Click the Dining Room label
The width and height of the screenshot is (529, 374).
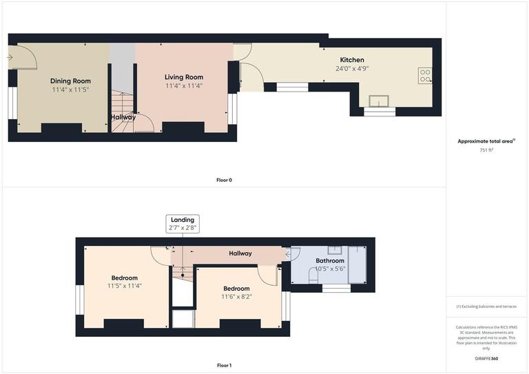[x=70, y=81]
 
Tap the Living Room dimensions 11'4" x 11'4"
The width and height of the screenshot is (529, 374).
[x=184, y=86]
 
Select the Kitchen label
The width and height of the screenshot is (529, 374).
[x=351, y=60]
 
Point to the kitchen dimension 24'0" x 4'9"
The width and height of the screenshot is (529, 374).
[x=351, y=69]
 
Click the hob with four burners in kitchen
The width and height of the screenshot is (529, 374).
[x=425, y=75]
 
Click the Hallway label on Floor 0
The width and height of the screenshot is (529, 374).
[x=123, y=117]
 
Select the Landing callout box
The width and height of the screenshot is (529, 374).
[x=183, y=223]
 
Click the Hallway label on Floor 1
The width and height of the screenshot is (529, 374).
[x=240, y=253]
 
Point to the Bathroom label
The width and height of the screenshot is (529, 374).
[x=330, y=261]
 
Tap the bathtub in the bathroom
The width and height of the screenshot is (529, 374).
[x=358, y=265]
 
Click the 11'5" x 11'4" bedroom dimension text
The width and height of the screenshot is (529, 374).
[x=125, y=286]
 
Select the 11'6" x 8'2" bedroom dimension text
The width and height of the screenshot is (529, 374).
[x=236, y=297]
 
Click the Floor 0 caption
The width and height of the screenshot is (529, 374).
[x=224, y=180]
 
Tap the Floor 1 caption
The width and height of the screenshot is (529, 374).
[x=224, y=366]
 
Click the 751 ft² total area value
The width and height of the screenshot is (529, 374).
[x=487, y=149]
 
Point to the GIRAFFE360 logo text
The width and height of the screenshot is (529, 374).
[x=487, y=359]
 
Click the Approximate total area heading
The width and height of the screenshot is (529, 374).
[x=486, y=141]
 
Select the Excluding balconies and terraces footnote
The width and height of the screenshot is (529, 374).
[x=486, y=307]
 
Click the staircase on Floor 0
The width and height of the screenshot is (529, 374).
[x=123, y=103]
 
